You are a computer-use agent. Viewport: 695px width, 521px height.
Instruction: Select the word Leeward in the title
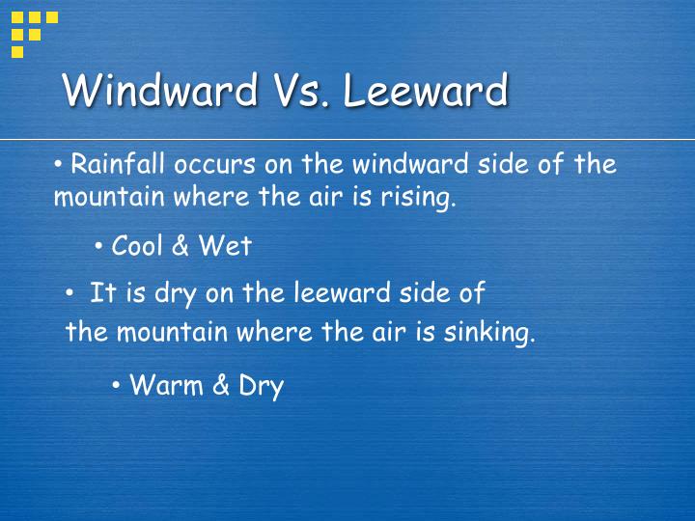(426, 91)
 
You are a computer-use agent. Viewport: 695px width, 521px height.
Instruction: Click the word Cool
(138, 246)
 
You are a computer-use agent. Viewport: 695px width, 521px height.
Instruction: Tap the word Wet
(225, 246)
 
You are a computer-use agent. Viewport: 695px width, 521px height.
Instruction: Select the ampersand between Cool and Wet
(181, 246)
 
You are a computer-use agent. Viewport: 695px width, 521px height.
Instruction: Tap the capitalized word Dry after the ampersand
(261, 387)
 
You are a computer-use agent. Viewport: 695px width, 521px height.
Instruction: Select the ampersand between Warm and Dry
(221, 386)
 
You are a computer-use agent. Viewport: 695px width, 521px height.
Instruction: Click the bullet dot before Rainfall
(59, 163)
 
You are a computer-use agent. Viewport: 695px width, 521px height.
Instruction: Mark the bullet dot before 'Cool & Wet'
(99, 245)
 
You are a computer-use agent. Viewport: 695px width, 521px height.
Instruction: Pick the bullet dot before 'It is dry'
(69, 292)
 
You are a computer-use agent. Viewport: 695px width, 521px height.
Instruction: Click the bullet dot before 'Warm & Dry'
(116, 385)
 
